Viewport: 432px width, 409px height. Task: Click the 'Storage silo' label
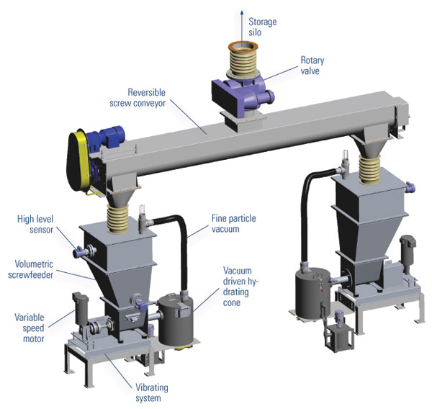[x=262, y=27]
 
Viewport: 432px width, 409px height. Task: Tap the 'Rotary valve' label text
[x=312, y=66]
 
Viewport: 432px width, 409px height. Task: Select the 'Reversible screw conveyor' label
[x=138, y=97]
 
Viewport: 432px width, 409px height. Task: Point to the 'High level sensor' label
[x=35, y=224]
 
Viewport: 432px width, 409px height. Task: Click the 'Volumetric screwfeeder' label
[x=30, y=269]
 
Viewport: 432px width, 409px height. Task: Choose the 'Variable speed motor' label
[x=30, y=328]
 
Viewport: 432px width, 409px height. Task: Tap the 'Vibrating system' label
[x=151, y=392]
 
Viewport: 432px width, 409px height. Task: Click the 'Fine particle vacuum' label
[x=233, y=223]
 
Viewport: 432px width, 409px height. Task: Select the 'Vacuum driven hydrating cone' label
[x=240, y=287]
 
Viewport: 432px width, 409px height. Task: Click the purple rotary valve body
[x=243, y=92]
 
